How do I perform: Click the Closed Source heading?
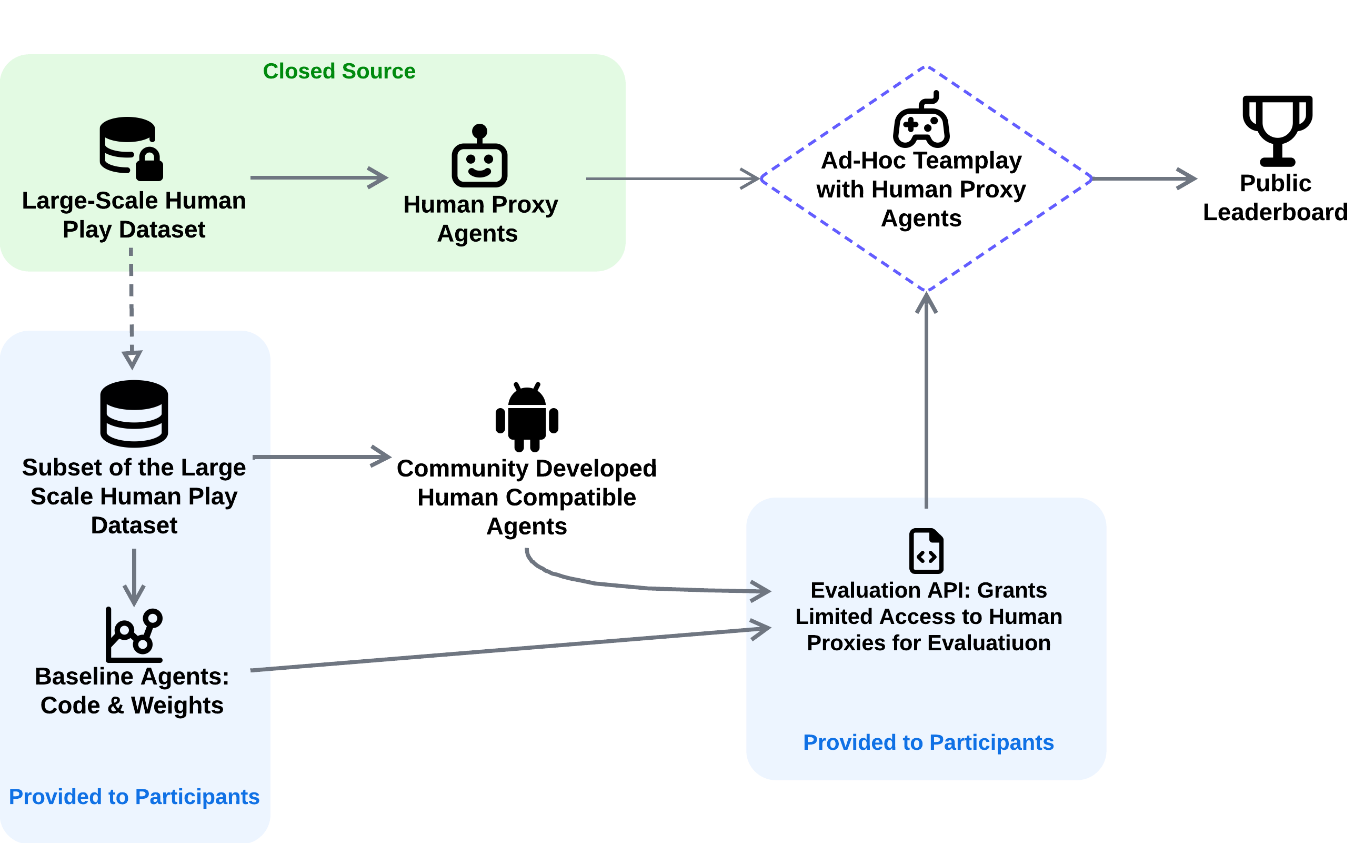point(339,72)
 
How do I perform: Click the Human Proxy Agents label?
point(480,219)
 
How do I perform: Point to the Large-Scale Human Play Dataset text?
point(134,215)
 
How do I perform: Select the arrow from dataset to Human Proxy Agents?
point(318,177)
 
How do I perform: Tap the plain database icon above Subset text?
point(134,413)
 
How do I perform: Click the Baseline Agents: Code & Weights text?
point(132,690)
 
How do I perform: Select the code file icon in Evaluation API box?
point(926,551)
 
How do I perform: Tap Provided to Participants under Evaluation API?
point(928,742)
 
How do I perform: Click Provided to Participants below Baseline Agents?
point(134,797)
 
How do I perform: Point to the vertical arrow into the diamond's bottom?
point(926,401)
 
